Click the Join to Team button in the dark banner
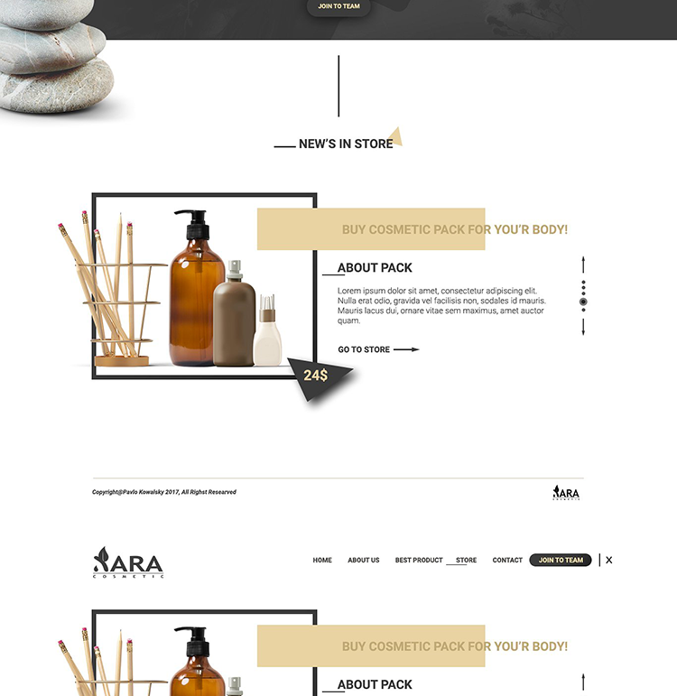(x=338, y=6)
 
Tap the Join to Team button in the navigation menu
(x=561, y=561)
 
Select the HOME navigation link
(x=322, y=561)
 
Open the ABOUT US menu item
(x=364, y=561)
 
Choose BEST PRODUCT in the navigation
(x=419, y=561)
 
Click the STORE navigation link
(x=466, y=561)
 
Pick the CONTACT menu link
(x=507, y=561)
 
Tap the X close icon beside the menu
(x=609, y=561)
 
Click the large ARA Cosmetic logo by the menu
(x=128, y=562)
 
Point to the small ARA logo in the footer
(x=566, y=493)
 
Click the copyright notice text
(x=164, y=492)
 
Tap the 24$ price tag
(x=316, y=376)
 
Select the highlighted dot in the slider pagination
(x=583, y=302)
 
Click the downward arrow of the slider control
(x=583, y=327)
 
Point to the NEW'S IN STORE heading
(x=346, y=144)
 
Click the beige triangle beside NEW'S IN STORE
(x=395, y=136)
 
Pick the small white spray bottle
(x=267, y=330)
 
